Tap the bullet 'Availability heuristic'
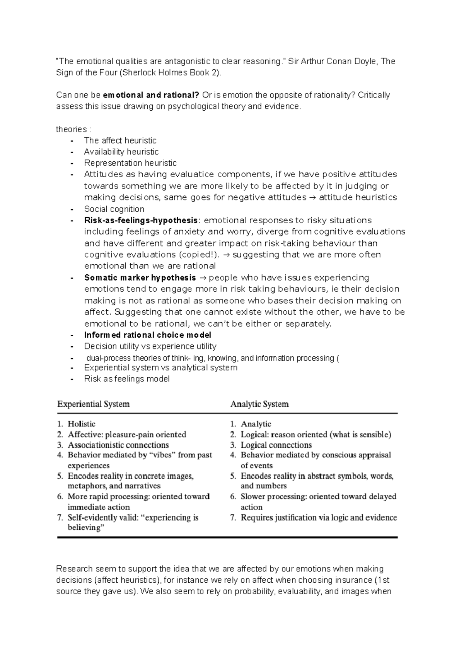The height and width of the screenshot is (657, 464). tap(121, 152)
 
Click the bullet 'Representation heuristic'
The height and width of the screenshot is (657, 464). tap(130, 163)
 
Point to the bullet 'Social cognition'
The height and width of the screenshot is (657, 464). tap(114, 209)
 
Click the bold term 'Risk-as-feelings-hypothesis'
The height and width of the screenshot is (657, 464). tap(141, 221)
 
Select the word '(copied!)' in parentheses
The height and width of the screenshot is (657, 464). tap(199, 255)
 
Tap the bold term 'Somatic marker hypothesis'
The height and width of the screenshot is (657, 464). tap(140, 278)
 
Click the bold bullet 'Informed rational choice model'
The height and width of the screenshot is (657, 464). tap(148, 335)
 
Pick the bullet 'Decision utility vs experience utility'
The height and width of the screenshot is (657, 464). tap(150, 346)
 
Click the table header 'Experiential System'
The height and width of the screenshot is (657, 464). tap(93, 404)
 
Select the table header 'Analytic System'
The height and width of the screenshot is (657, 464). tap(259, 404)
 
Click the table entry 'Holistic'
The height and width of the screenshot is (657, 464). tap(81, 424)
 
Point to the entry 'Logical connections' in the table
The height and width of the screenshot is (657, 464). tap(276, 445)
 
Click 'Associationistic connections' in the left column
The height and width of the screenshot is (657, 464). tap(118, 445)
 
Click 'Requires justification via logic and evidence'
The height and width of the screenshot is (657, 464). tap(319, 518)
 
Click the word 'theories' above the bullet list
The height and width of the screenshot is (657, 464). tap(72, 129)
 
